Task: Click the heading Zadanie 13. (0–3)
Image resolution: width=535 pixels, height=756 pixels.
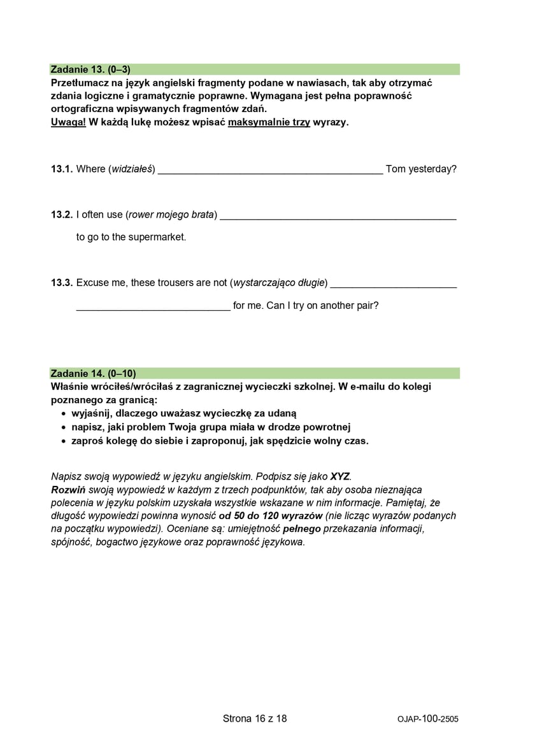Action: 91,69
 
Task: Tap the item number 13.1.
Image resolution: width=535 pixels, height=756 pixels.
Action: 62,169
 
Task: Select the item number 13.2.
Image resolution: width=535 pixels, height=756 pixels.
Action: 62,215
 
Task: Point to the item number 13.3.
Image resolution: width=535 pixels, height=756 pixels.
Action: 62,283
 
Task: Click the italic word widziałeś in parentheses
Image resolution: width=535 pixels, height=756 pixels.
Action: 132,169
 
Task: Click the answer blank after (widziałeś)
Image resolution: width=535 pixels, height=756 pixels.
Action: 270,171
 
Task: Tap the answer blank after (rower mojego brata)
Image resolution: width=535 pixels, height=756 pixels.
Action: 338,217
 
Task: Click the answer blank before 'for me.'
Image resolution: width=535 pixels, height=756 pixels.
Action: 153,307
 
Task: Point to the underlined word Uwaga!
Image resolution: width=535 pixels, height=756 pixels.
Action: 68,122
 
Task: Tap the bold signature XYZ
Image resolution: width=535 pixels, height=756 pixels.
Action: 340,476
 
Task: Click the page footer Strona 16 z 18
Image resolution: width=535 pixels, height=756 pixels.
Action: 255,718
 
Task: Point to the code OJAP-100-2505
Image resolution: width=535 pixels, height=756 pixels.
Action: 427,719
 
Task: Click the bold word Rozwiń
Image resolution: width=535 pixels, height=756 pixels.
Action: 68,490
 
